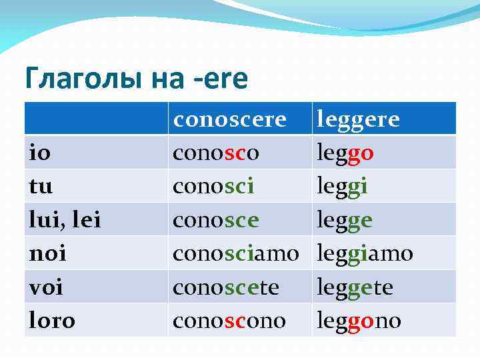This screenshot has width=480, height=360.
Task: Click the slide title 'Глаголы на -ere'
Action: tap(136, 79)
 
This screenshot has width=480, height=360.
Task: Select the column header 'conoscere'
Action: tap(229, 119)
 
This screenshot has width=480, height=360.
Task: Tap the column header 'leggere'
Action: tap(359, 119)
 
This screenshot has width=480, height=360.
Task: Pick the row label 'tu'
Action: tap(41, 186)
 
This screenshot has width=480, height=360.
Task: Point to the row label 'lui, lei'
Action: tap(65, 220)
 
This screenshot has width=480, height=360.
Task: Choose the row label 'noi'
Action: tap(48, 253)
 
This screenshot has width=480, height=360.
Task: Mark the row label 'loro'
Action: tap(53, 321)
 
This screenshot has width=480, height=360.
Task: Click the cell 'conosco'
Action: tap(216, 153)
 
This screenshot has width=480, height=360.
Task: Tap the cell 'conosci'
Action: tap(213, 186)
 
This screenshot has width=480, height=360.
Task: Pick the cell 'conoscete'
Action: tap(225, 287)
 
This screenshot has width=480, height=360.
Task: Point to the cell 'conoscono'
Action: tap(229, 321)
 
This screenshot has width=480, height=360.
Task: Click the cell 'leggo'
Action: tap(345, 153)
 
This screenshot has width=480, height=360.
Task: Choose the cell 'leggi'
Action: tap(343, 186)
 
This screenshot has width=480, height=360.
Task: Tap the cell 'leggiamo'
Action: tap(365, 253)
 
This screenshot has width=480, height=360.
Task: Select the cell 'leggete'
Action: tap(355, 287)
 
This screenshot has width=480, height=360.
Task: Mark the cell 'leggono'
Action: tap(359, 321)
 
